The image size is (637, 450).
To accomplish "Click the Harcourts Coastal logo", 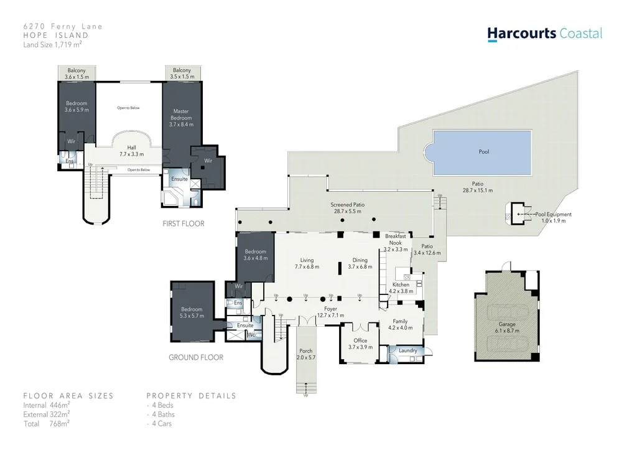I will tap(544, 34).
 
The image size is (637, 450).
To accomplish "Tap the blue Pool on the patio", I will tap(483, 152).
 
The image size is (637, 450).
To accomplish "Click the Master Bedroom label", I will tap(181, 118).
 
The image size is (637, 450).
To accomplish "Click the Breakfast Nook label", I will tap(396, 242).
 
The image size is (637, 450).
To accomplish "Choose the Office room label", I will tap(360, 344).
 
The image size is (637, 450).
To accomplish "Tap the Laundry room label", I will tap(407, 350).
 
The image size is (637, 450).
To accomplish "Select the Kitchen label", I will tap(401, 288).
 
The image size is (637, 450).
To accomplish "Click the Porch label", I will tap(306, 354).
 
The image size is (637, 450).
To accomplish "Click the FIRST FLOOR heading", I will tap(183, 223).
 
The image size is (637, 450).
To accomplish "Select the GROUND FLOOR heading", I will tap(196, 357).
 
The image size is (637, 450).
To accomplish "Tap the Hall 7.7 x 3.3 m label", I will tap(131, 151).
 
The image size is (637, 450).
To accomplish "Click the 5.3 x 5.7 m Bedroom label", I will tap(192, 312).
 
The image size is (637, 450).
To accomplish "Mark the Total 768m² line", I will tap(47, 423).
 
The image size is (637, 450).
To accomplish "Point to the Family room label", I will tap(400, 324).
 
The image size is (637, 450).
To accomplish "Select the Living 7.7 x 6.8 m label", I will tap(307, 263).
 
